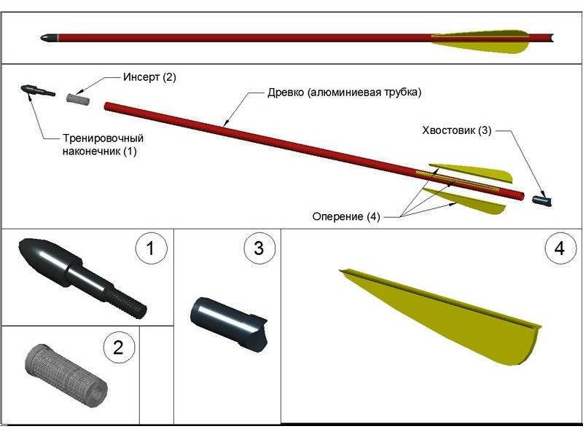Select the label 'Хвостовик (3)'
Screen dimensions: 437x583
(x=457, y=131)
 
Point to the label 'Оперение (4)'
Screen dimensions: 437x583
(x=346, y=216)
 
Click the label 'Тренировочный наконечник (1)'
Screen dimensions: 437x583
(x=101, y=145)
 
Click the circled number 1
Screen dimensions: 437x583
(x=151, y=248)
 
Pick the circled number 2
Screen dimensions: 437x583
(x=119, y=347)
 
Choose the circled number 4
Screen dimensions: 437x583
(x=559, y=248)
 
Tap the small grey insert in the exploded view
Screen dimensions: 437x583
(x=77, y=97)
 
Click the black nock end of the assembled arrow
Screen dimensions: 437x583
(x=551, y=37)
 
